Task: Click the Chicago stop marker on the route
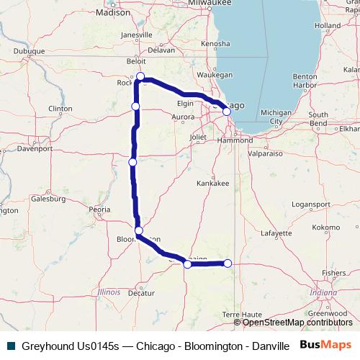point(227,112)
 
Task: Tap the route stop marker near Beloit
point(141,76)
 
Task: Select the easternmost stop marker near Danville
point(228,264)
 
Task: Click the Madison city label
point(115,12)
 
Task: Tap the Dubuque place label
point(30,51)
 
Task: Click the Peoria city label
point(99,210)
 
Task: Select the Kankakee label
point(214,184)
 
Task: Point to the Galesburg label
point(48,198)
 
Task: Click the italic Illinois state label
point(109,292)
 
